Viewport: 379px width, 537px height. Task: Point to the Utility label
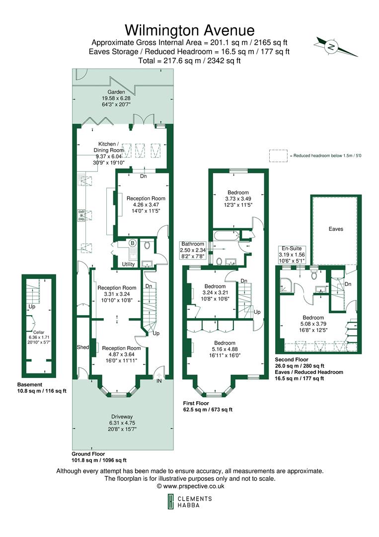(129, 265)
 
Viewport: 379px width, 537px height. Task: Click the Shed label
(82, 347)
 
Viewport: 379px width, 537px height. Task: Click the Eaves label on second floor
(336, 229)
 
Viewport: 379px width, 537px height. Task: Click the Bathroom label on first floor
(192, 244)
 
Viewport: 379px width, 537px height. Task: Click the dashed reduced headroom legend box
(278, 155)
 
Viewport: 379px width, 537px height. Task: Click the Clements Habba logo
(189, 502)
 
